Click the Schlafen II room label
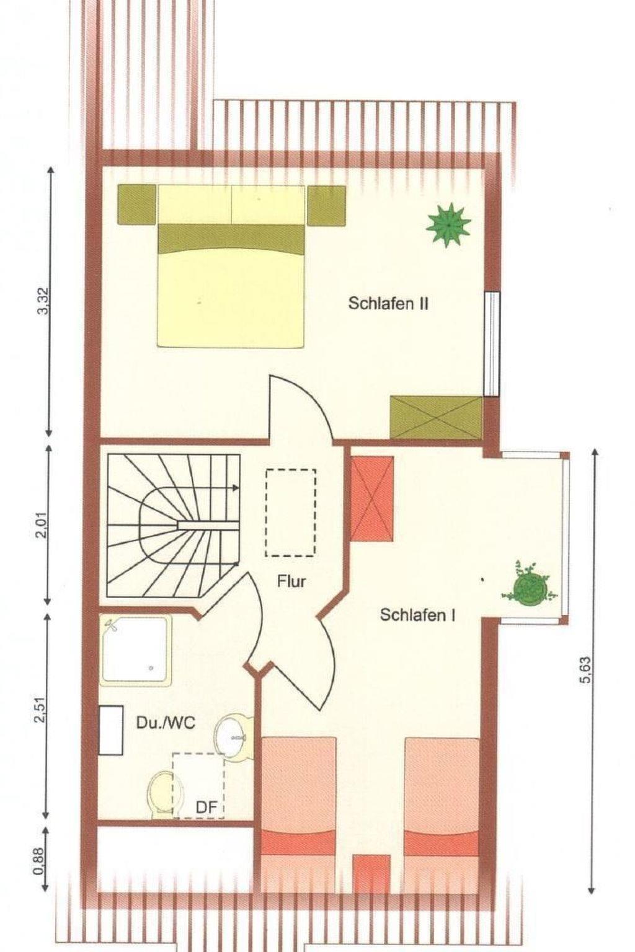388,304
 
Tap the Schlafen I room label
418,615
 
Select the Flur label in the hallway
291,581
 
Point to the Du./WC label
166,723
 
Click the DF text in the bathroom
206,807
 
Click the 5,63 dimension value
585,670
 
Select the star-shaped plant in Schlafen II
449,224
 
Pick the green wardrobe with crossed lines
437,417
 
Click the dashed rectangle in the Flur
291,513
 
